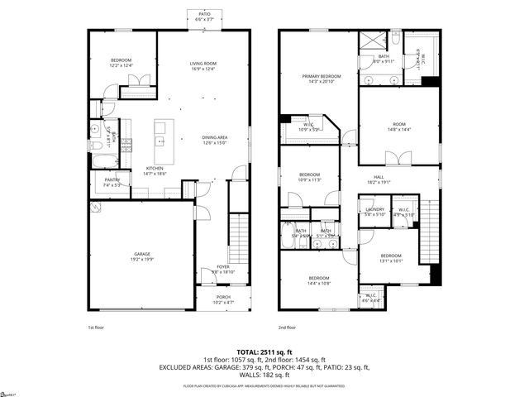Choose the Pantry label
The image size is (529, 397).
pyautogui.click(x=112, y=182)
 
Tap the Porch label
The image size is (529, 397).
pyautogui.click(x=223, y=299)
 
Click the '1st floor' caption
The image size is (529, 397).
pyautogui.click(x=97, y=328)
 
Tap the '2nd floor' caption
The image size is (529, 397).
pyautogui.click(x=287, y=328)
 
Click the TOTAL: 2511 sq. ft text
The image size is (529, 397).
pyautogui.click(x=264, y=352)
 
